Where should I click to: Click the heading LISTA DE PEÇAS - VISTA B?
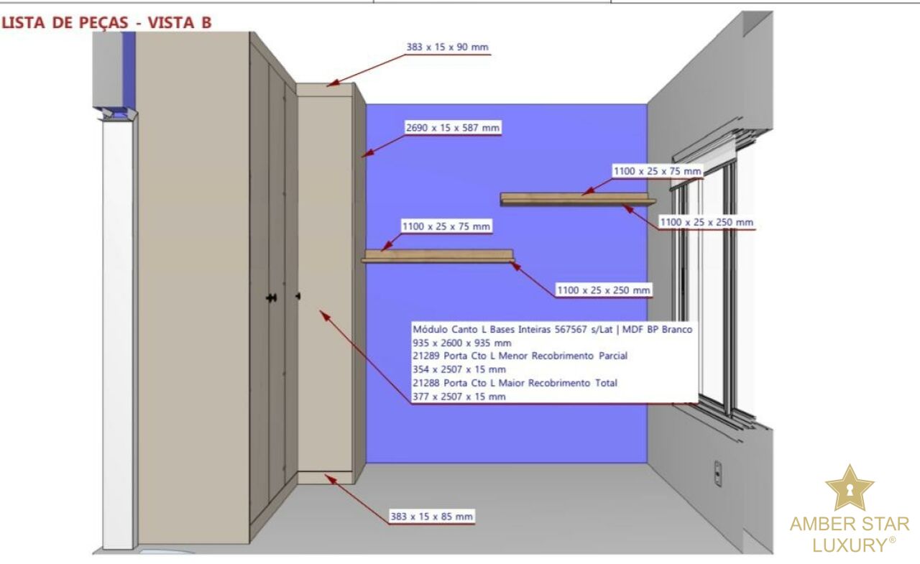(x=108, y=22)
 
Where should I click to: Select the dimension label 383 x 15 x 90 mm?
(x=447, y=47)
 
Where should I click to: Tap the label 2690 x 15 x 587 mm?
(x=452, y=128)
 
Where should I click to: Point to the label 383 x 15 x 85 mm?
(x=431, y=516)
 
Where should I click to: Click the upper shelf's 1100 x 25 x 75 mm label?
(x=656, y=171)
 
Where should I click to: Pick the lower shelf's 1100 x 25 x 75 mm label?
(x=446, y=226)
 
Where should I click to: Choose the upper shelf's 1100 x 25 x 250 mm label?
(x=707, y=223)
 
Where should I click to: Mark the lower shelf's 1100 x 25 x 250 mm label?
(x=604, y=290)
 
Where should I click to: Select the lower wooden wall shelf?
(x=438, y=256)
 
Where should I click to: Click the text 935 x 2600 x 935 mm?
(x=461, y=343)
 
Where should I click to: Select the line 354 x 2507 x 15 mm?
(x=459, y=369)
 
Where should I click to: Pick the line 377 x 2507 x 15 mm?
(x=459, y=396)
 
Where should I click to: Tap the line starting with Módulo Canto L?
(x=552, y=329)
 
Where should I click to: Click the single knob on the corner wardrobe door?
(x=298, y=296)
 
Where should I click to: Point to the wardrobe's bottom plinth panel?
(x=325, y=477)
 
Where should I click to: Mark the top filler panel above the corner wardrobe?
(x=325, y=89)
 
